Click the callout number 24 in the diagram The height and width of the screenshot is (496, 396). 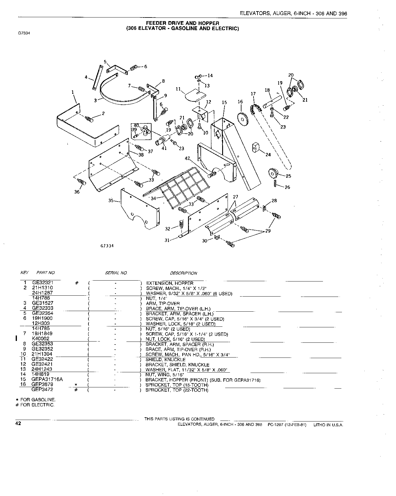pyautogui.click(x=268, y=155)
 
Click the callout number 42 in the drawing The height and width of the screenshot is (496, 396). pyautogui.click(x=187, y=158)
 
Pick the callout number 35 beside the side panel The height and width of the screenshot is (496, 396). pyautogui.click(x=111, y=201)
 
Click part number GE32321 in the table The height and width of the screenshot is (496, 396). pyautogui.click(x=43, y=283)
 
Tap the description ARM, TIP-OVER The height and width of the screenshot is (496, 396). pyautogui.click(x=163, y=303)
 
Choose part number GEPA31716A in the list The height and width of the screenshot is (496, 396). pyautogui.click(x=47, y=379)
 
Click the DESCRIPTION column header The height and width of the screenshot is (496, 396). pyautogui.click(x=184, y=273)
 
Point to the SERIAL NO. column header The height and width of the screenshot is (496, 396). pyautogui.click(x=116, y=273)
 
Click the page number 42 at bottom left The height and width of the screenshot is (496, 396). pyautogui.click(x=18, y=423)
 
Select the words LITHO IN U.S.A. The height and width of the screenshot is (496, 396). pyautogui.click(x=328, y=424)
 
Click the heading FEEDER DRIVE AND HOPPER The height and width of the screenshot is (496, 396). pyautogui.click(x=183, y=23)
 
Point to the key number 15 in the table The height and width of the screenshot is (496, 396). pyautogui.click(x=23, y=379)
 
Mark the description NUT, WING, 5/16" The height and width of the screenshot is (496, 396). pyautogui.click(x=165, y=374)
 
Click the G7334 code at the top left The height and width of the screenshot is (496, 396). pyautogui.click(x=24, y=33)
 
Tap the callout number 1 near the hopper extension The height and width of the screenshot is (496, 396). pyautogui.click(x=73, y=92)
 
